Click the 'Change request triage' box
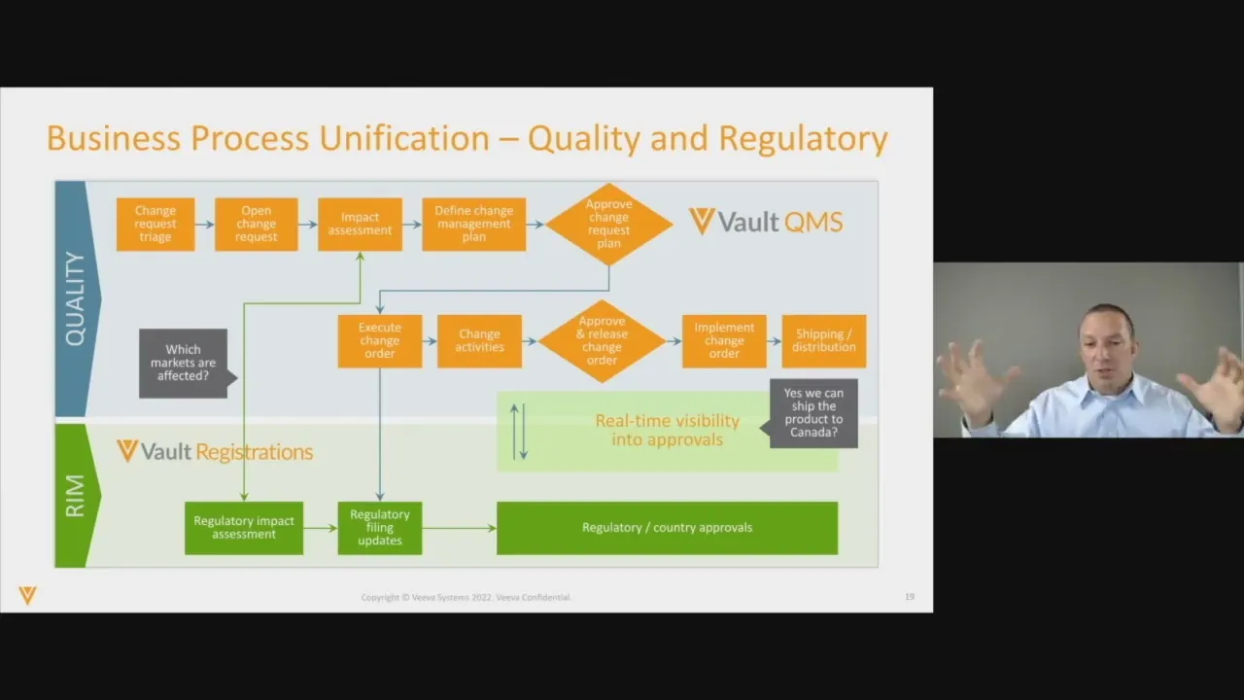coord(155,225)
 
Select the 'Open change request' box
coord(257,225)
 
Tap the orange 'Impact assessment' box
coord(360,225)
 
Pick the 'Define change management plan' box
coord(473,225)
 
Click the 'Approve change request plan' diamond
coord(608,225)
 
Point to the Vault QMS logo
coord(766,222)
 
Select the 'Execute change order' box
coord(379,341)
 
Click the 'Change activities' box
coord(479,341)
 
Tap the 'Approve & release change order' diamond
coord(602,341)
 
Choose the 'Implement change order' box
coord(724,341)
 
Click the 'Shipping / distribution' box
coord(824,341)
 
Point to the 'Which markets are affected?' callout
coord(183,363)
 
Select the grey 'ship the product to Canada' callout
coord(814,413)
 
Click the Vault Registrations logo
coord(215,451)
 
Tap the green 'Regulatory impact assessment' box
coord(244,528)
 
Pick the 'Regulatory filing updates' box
coord(379,528)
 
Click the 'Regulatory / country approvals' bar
coord(667,528)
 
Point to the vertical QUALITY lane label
coord(75,298)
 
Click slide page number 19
coord(910,597)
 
